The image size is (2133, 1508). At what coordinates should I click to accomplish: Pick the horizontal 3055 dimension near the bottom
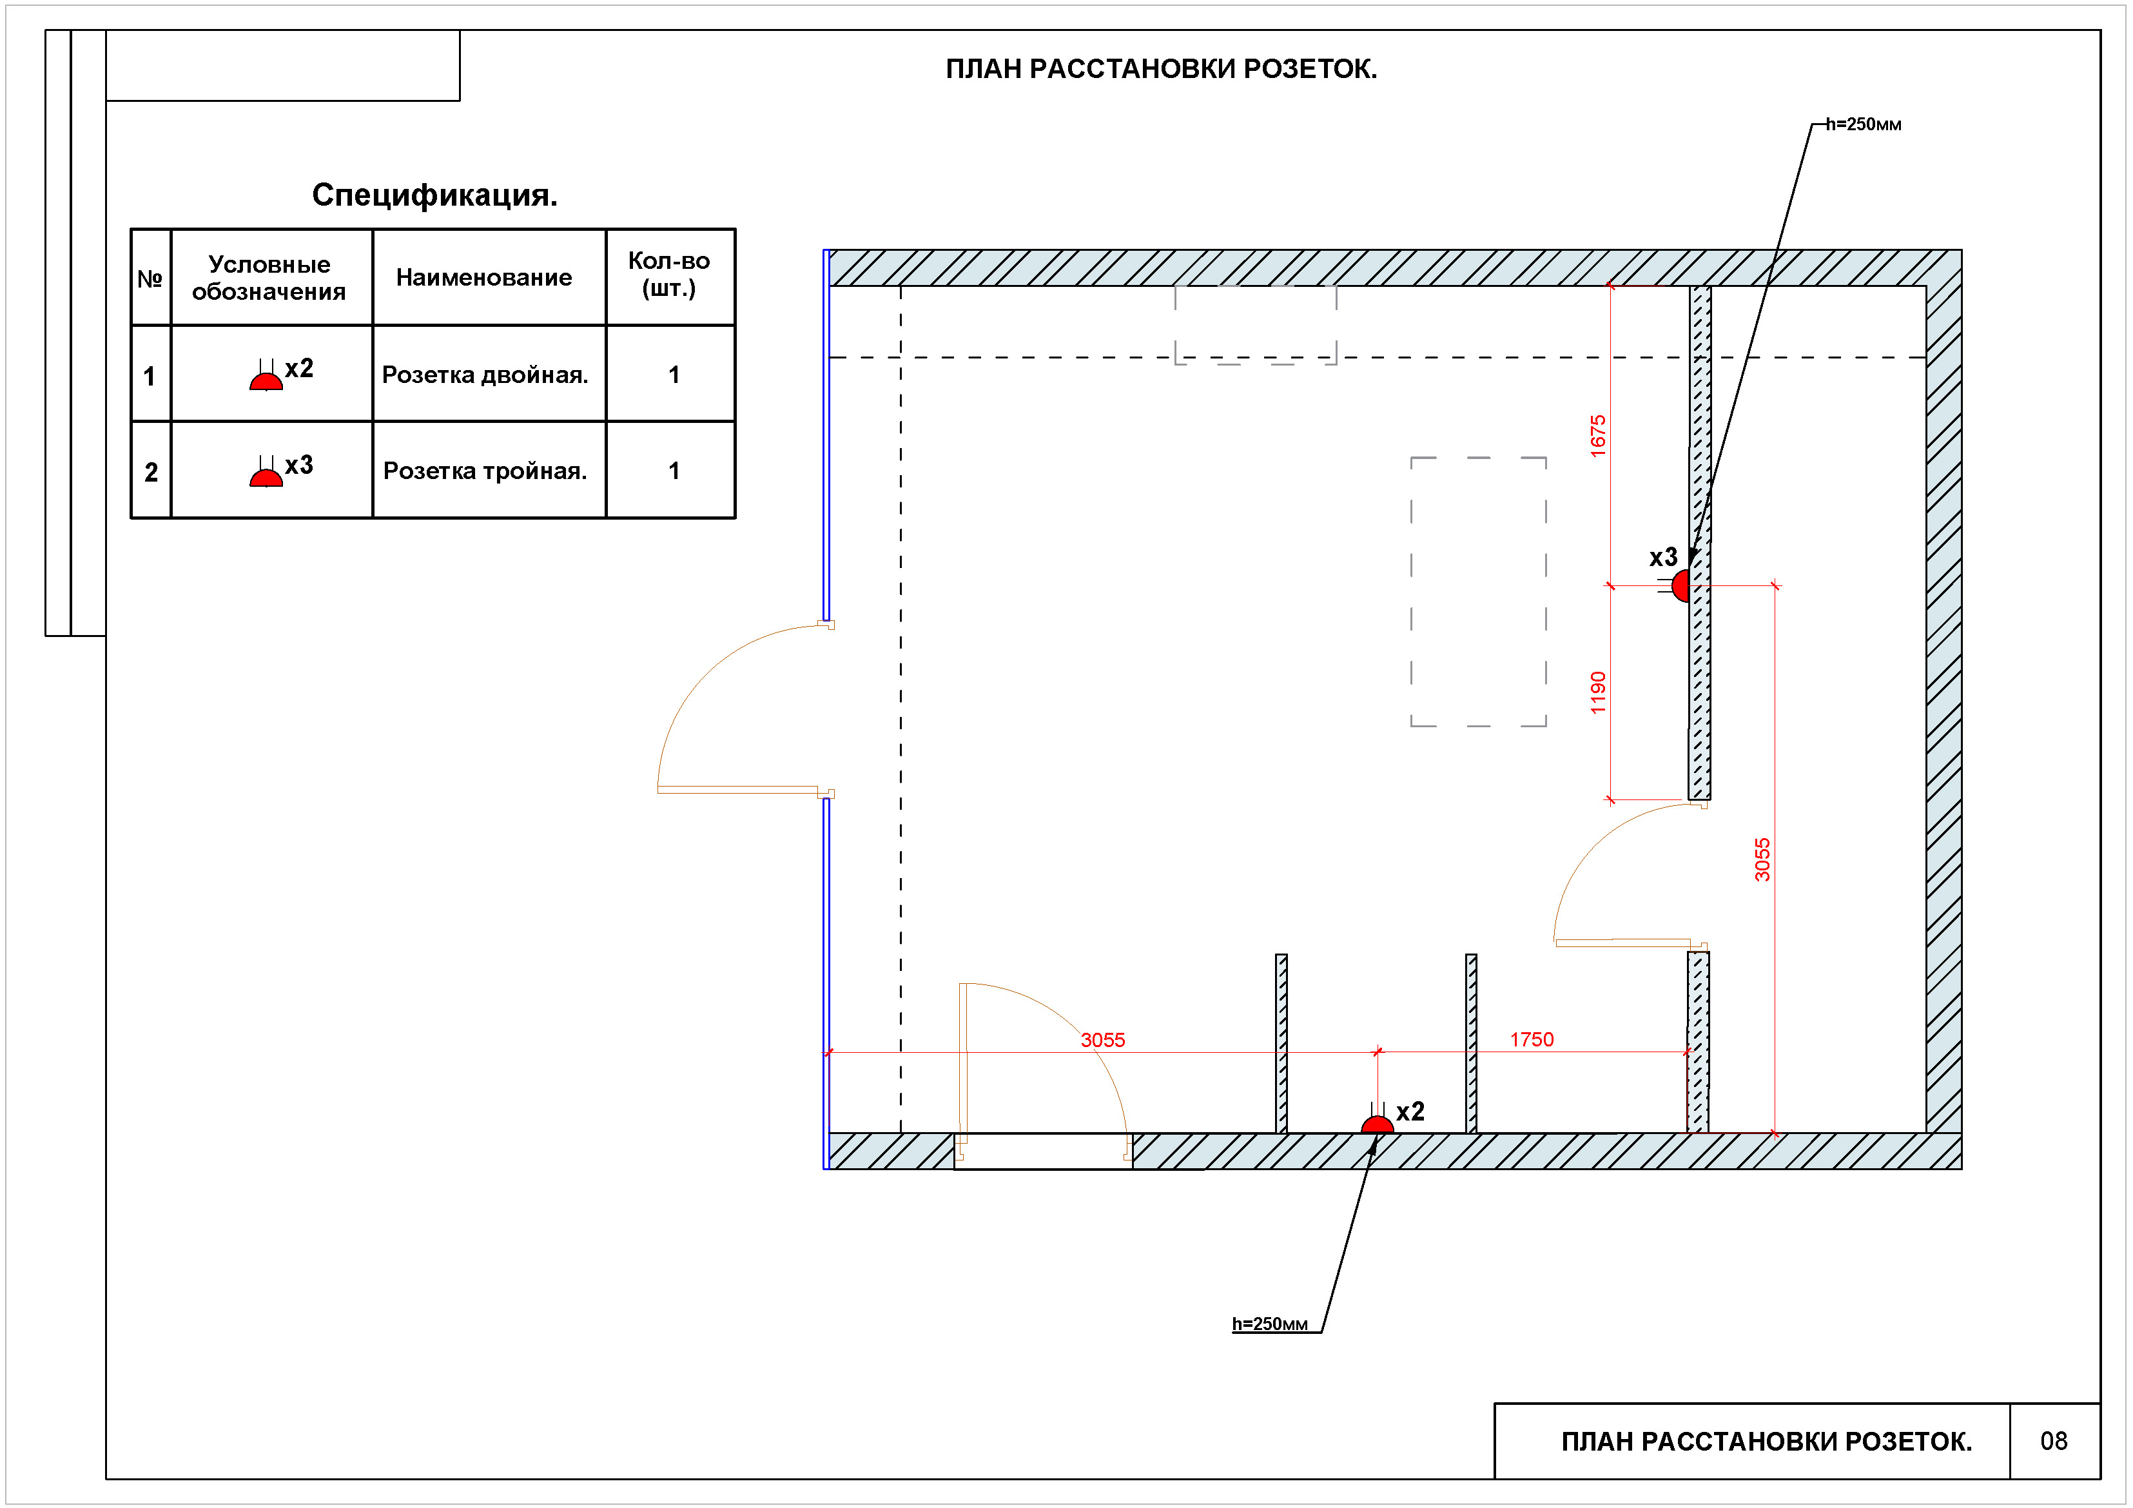coord(1103,1041)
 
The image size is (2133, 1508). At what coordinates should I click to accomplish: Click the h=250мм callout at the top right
coord(1864,124)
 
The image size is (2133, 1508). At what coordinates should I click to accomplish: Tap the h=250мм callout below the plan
coord(1270,1324)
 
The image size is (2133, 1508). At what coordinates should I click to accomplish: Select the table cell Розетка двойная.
coord(485,375)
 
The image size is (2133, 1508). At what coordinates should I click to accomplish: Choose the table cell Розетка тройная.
coord(485,471)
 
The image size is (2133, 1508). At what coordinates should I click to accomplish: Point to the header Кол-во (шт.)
coord(670,275)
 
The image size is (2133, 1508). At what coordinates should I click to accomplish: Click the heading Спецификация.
coord(434,195)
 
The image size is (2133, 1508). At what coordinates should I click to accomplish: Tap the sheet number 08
coord(2054,1441)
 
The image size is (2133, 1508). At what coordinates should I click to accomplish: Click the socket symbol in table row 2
coord(267,472)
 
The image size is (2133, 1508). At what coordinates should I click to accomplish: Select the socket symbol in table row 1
coord(267,375)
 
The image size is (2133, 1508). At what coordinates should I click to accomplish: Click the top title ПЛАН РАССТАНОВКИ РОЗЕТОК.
coord(1162,70)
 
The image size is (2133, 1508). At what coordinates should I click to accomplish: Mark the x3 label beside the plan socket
coord(1663,558)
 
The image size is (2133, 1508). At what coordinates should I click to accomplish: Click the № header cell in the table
coord(150,279)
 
